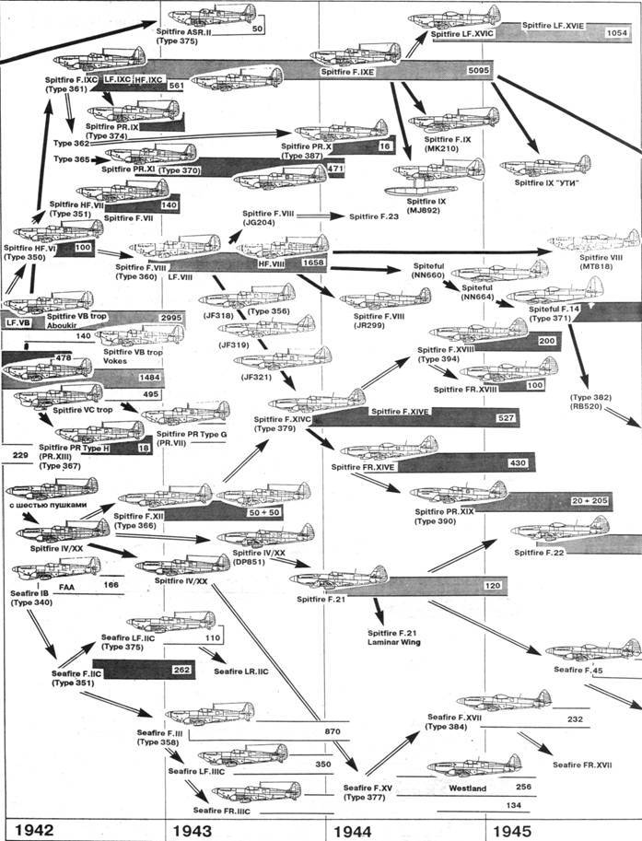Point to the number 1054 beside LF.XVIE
(617, 33)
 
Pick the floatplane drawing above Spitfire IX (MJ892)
(437, 175)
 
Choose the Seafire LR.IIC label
(240, 672)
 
